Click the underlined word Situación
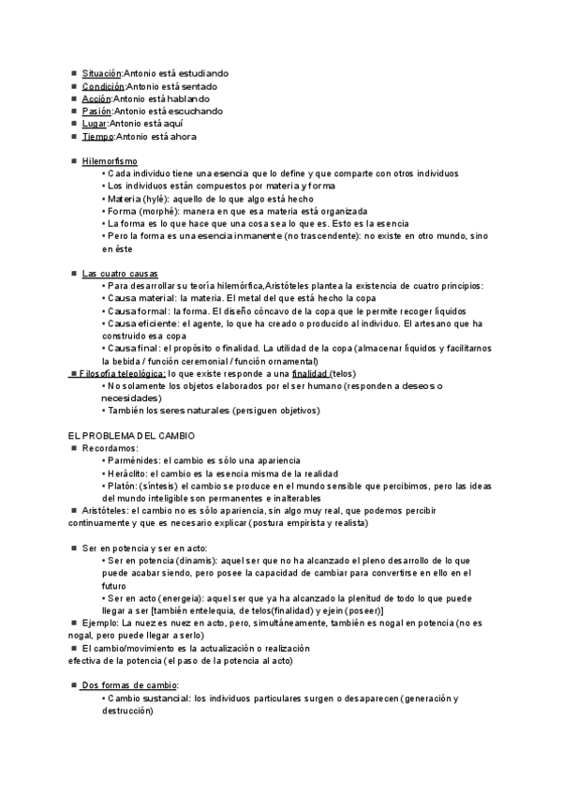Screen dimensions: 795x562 point(102,73)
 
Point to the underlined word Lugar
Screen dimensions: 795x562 point(95,124)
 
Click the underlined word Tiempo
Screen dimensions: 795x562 point(97,137)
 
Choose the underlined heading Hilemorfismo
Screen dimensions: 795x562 point(110,161)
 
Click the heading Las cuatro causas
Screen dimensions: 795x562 point(119,273)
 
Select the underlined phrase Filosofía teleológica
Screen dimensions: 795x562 point(123,373)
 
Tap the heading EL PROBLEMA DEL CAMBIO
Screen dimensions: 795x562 point(131,436)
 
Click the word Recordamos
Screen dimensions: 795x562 point(110,449)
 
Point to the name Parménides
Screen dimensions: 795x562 point(132,461)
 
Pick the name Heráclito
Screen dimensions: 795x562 point(129,474)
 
